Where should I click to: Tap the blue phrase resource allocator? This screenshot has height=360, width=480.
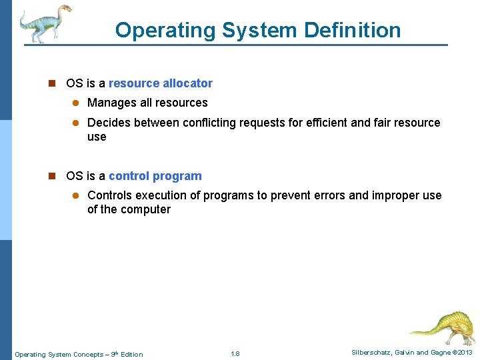[160, 83]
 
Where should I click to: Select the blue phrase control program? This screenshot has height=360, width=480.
[155, 176]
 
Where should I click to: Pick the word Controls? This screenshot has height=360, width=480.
[109, 195]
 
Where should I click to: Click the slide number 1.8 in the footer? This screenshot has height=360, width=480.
[235, 353]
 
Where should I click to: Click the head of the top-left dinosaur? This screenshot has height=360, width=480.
[64, 9]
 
